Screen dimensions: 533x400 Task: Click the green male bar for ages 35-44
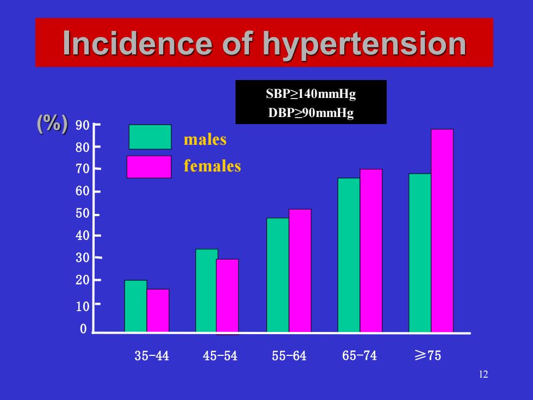click(x=135, y=306)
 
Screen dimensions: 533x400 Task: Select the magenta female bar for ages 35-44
click(x=158, y=310)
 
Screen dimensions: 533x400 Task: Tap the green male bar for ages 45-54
click(x=206, y=291)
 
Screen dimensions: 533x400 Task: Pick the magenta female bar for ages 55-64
click(x=300, y=270)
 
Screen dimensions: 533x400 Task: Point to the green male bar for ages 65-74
click(x=349, y=255)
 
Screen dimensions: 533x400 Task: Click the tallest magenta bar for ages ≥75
click(x=442, y=231)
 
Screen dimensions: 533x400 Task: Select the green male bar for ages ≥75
click(x=420, y=253)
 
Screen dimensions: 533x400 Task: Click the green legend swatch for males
click(x=150, y=137)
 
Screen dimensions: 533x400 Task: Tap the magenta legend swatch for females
click(x=149, y=167)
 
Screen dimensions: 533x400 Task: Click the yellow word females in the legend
click(x=212, y=166)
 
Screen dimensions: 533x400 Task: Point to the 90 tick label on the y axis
click(x=83, y=126)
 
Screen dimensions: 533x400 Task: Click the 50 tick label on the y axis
click(x=83, y=213)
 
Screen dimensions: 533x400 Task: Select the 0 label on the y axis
click(x=83, y=329)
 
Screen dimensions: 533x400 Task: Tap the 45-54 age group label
click(x=220, y=356)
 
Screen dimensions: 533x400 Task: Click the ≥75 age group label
click(x=428, y=355)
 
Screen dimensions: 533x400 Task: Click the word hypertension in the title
click(x=364, y=44)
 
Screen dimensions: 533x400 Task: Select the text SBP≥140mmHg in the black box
click(x=311, y=94)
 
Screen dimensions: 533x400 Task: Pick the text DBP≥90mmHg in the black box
click(x=311, y=113)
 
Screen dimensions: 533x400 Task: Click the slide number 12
click(x=484, y=374)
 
